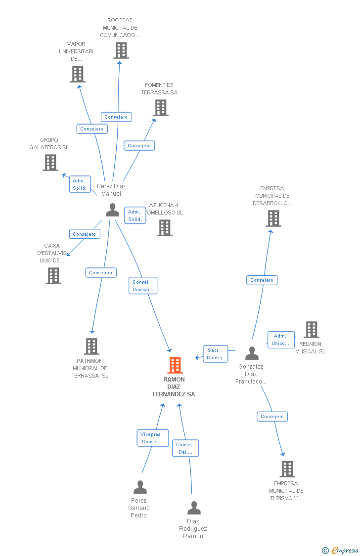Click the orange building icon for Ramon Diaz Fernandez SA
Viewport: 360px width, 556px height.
pyautogui.click(x=175, y=365)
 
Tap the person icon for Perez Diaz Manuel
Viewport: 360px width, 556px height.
pyautogui.click(x=112, y=210)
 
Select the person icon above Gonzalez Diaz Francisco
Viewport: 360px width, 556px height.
pyautogui.click(x=252, y=353)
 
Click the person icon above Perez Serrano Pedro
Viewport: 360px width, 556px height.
pyautogui.click(x=140, y=487)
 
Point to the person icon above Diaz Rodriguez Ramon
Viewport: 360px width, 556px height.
pyautogui.click(x=194, y=508)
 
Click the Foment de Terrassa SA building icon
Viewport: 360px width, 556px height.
pyautogui.click(x=161, y=107)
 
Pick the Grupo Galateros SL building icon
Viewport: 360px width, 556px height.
pyautogui.click(x=50, y=163)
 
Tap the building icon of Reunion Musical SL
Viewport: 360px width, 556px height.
pyautogui.click(x=312, y=330)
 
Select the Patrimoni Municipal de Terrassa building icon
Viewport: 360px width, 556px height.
pyautogui.click(x=91, y=346)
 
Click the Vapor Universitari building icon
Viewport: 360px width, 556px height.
pyautogui.click(x=78, y=74)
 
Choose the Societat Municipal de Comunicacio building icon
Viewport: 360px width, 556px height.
pyautogui.click(x=121, y=50)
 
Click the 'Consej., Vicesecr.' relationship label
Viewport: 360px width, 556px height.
pyautogui.click(x=143, y=286)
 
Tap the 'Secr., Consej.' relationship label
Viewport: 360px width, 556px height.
pyautogui.click(x=215, y=354)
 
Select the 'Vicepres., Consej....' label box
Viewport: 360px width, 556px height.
pyautogui.click(x=153, y=438)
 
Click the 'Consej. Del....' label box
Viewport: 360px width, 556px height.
pyautogui.click(x=185, y=448)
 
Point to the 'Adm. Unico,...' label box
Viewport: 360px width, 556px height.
pyautogui.click(x=281, y=340)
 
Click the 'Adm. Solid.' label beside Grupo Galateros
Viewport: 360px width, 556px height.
pyautogui.click(x=80, y=184)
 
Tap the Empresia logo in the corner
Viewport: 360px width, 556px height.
pyautogui.click(x=341, y=551)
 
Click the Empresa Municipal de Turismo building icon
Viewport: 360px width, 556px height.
pyautogui.click(x=287, y=469)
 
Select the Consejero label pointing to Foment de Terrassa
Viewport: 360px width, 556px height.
pyautogui.click(x=139, y=146)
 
